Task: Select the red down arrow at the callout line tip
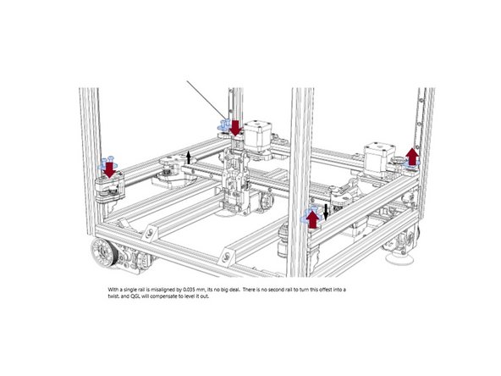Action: click(234, 127)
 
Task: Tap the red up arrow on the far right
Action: click(412, 156)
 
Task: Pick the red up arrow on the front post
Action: click(312, 218)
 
